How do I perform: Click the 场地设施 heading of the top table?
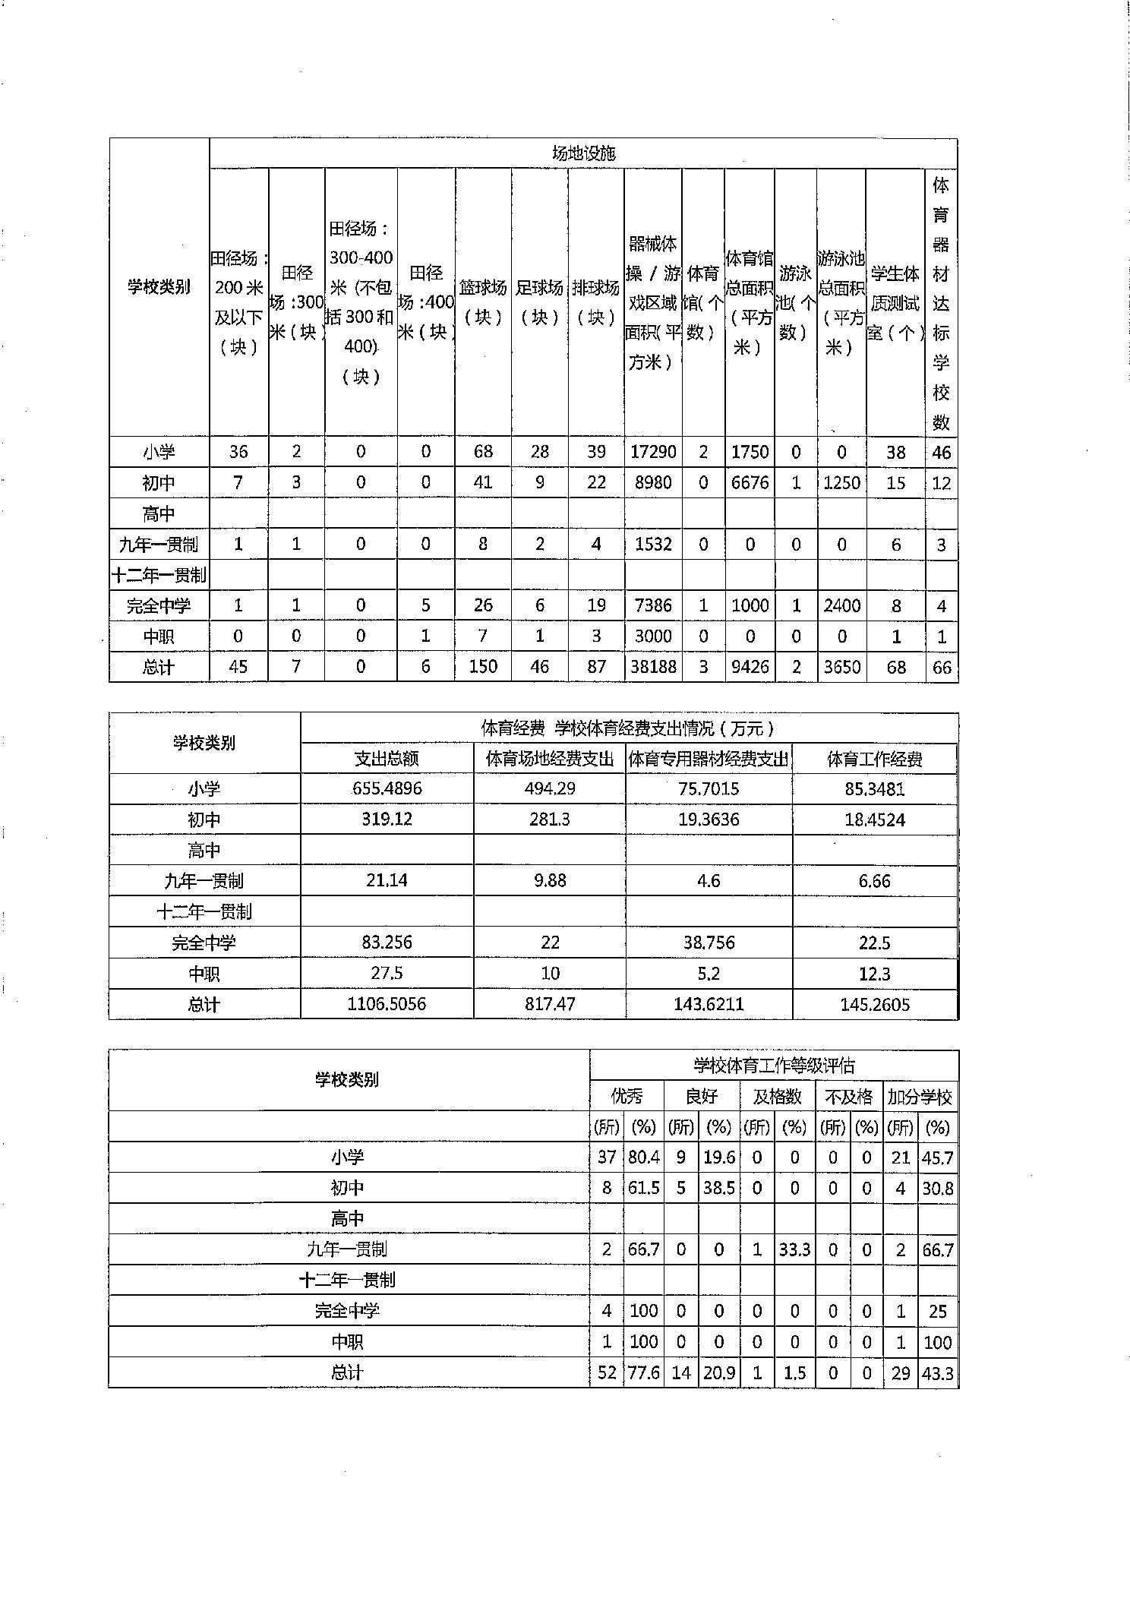[x=583, y=153]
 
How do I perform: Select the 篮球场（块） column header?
[x=483, y=302]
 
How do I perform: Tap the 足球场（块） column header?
[x=539, y=302]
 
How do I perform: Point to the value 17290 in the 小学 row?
[x=653, y=452]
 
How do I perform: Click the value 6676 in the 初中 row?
[x=750, y=482]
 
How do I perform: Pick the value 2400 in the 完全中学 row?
[x=841, y=605]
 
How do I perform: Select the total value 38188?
[x=653, y=667]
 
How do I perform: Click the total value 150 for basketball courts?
[x=483, y=667]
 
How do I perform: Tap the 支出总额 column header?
[x=387, y=759]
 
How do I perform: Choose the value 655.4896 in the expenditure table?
[x=387, y=788]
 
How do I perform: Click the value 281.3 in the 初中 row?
[x=549, y=820]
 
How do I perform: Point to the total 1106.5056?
[x=387, y=1004]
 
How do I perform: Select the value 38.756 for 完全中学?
[x=709, y=943]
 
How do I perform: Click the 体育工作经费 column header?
[x=874, y=759]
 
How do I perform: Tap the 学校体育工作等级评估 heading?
[x=774, y=1066]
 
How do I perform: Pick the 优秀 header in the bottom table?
[x=627, y=1097]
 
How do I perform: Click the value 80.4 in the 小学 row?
[x=643, y=1157]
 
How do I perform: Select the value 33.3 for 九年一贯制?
[x=794, y=1249]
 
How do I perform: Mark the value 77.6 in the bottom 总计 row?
[x=643, y=1372]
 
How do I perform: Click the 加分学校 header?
[x=920, y=1097]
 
